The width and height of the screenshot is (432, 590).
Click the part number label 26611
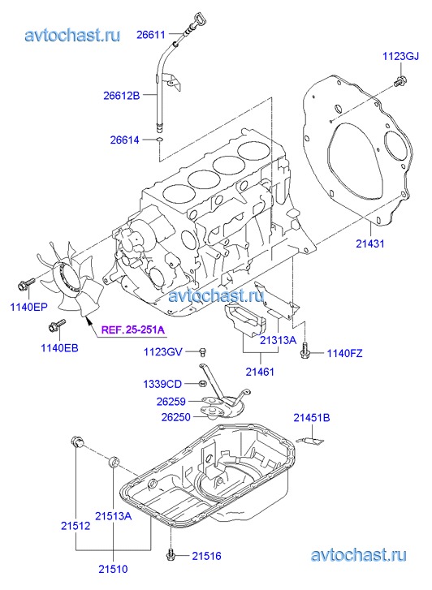click(151, 35)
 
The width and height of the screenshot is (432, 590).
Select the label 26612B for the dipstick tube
click(121, 96)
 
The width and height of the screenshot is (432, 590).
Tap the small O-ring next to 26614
click(160, 140)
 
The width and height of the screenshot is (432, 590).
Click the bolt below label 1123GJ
click(400, 81)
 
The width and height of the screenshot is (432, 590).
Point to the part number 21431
click(370, 243)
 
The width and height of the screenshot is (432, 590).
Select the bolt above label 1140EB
click(57, 325)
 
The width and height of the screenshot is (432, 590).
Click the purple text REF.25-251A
click(133, 330)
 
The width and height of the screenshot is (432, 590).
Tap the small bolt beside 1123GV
click(203, 352)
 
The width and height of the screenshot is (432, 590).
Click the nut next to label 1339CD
click(202, 384)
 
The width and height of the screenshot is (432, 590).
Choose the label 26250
click(176, 417)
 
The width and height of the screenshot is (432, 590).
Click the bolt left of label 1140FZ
click(305, 351)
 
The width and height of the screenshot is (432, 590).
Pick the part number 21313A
click(278, 340)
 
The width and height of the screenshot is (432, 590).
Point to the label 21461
click(260, 372)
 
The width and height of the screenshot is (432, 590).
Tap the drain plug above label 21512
click(77, 441)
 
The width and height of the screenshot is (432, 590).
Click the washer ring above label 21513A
click(114, 463)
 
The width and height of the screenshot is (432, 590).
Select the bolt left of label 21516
click(171, 553)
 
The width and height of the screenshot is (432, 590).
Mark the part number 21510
click(113, 569)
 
